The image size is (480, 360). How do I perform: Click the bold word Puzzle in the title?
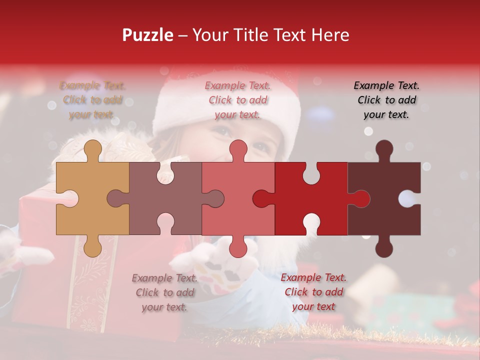click(x=148, y=35)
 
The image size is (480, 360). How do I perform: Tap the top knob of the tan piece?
click(x=93, y=149)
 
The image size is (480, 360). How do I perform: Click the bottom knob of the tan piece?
click(x=93, y=247)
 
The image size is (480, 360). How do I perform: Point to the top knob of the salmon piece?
click(x=238, y=149)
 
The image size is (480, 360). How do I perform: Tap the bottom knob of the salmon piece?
click(x=238, y=247)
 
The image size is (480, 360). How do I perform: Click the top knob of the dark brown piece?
click(x=384, y=149)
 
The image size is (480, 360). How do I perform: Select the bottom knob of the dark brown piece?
click(x=384, y=247)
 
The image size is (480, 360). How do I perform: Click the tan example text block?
click(x=92, y=100)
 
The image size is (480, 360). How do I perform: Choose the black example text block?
click(x=387, y=100)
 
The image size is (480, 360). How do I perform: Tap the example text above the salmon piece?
click(x=238, y=100)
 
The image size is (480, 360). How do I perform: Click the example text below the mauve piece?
click(x=164, y=292)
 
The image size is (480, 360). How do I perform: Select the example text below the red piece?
click(x=313, y=292)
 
